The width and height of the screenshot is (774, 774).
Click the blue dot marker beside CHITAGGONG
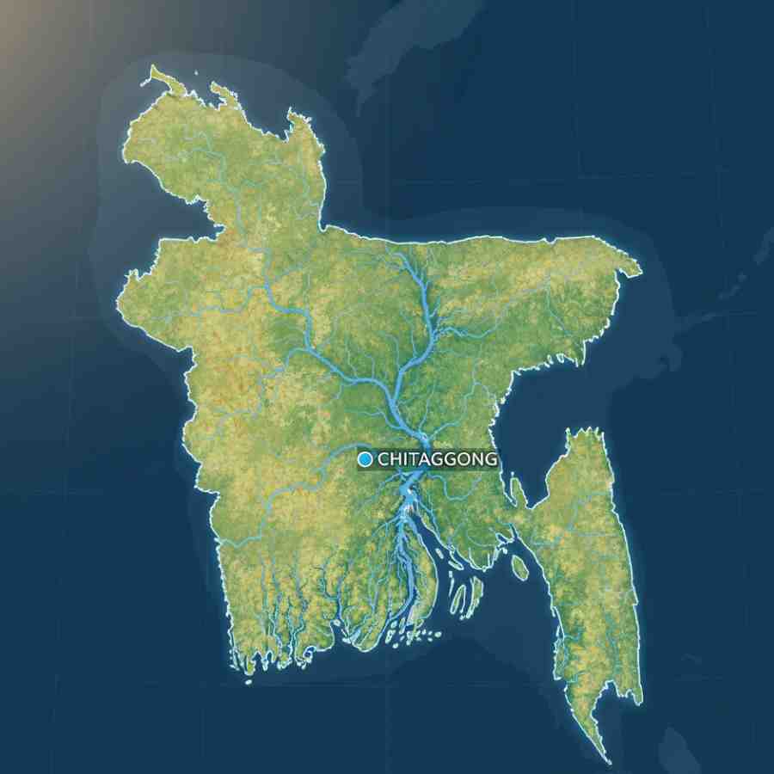click(365, 459)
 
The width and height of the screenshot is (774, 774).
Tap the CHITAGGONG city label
click(437, 459)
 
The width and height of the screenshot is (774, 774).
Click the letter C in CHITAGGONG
click(384, 459)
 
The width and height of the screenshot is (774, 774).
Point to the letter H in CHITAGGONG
click(396, 459)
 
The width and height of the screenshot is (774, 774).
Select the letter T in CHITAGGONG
click(413, 459)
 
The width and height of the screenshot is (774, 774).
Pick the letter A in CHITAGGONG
click(424, 459)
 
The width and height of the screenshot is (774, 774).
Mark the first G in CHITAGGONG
click(437, 459)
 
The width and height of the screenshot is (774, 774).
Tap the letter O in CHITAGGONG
click(464, 459)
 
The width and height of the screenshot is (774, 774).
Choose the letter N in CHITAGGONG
click(477, 459)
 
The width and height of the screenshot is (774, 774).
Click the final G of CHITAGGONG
click(490, 459)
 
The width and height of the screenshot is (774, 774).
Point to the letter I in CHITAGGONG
click(404, 459)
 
